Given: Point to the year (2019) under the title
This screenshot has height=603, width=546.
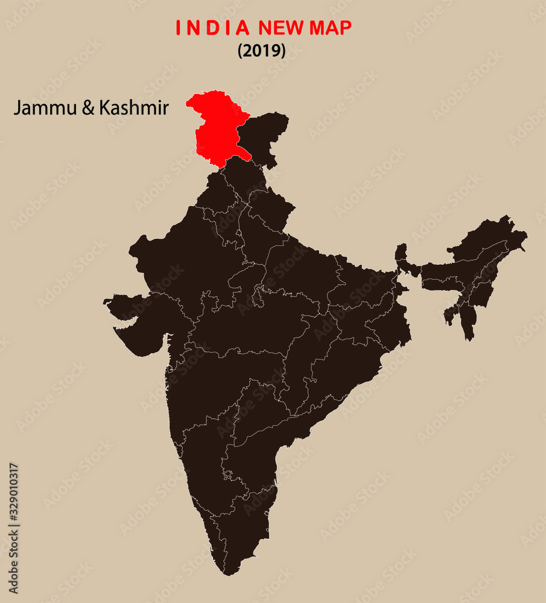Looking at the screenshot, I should click(x=261, y=51).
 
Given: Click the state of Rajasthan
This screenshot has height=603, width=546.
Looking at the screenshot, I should click(x=187, y=253).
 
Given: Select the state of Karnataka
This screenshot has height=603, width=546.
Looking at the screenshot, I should click(x=202, y=446).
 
